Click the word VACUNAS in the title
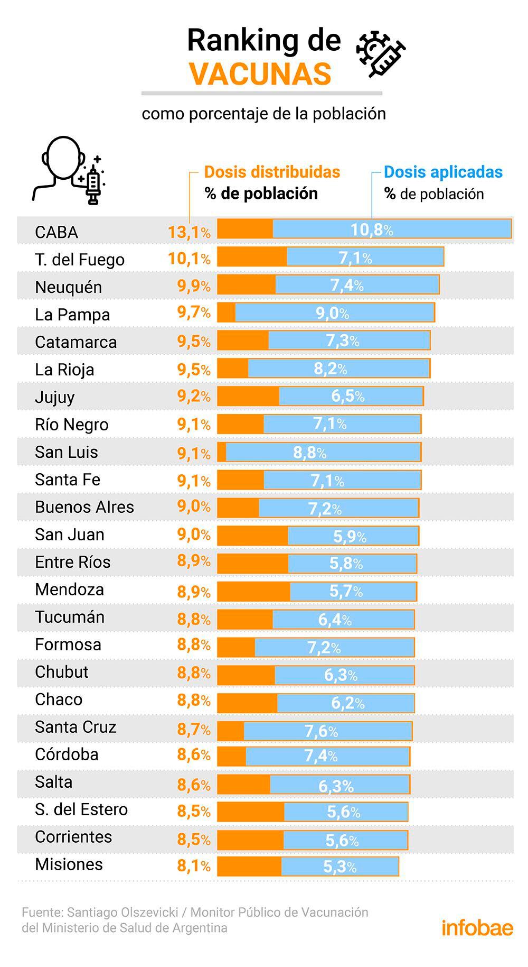click(261, 73)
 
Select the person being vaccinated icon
click(69, 170)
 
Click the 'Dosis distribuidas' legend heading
click(272, 172)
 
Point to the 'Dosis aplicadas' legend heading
click(443, 172)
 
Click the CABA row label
click(56, 232)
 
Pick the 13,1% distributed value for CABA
click(188, 232)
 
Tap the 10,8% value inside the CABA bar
click(372, 229)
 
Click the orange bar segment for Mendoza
click(253, 591)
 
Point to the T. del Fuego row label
click(80, 260)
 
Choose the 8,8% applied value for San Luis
click(309, 453)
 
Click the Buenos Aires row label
click(84, 507)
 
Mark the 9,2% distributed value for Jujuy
click(193, 397)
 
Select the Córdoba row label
click(67, 754)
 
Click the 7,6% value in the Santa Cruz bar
click(320, 731)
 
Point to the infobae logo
click(477, 928)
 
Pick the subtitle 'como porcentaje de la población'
click(263, 114)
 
